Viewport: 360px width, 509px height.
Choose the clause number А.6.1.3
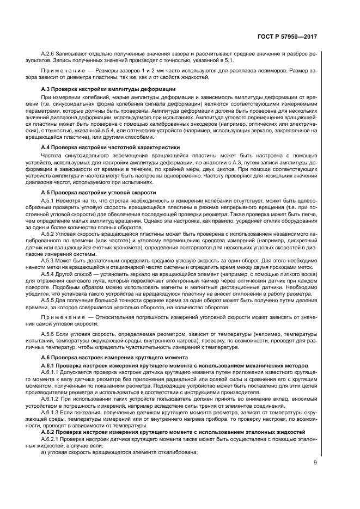tap(51, 413)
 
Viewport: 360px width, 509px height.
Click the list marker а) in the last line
tap(45, 453)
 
